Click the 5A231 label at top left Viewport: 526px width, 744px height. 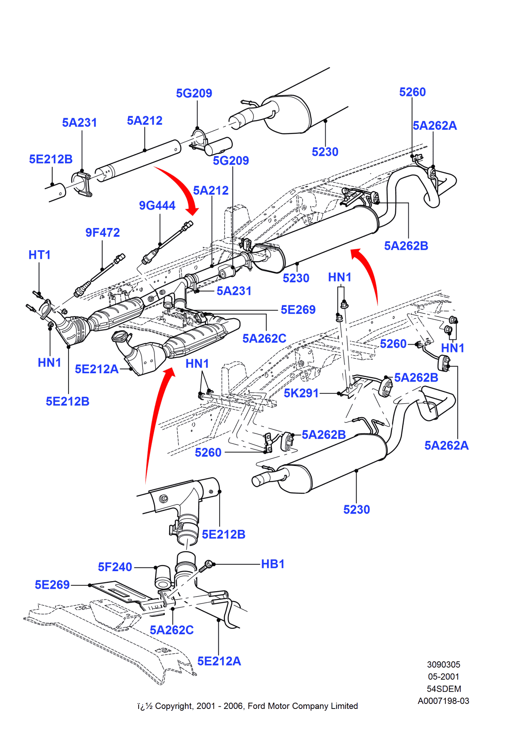79,123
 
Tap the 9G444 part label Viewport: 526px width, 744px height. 157,205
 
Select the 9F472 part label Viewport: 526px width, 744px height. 102,233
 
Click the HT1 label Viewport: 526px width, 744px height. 39,255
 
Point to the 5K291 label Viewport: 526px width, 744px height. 301,393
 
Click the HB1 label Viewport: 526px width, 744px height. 273,564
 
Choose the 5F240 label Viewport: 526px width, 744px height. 115,567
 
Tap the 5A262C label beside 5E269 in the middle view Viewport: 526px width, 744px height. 264,338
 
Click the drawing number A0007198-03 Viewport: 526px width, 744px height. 443,701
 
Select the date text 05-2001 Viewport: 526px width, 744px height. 443,677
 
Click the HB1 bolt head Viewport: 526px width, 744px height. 208,564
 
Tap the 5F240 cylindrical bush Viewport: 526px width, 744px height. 163,577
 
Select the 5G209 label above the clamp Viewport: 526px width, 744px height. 194,93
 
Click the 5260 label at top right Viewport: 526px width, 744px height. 412,92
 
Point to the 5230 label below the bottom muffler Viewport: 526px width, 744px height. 357,510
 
